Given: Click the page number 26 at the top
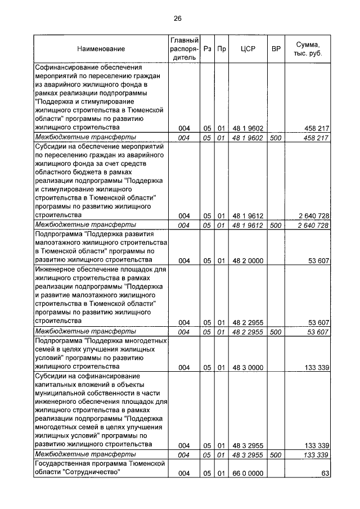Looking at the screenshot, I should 177,19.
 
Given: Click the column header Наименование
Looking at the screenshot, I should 101,49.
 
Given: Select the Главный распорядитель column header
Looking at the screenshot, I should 184,49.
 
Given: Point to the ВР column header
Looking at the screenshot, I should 276,49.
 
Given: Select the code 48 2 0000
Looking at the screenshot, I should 247,261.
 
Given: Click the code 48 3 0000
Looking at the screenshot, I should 247,368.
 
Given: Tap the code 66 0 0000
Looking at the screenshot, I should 247,474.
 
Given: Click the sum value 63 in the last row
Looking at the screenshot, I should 325,474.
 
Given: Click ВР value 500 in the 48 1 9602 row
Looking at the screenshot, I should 276,137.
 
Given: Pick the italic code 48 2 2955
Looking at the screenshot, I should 247,332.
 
